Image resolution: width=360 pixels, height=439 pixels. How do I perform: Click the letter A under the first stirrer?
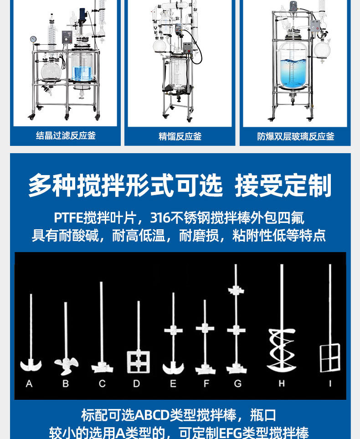29,383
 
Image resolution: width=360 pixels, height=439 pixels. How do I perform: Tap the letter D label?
137,383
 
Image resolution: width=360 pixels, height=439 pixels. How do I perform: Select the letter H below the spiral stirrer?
282,383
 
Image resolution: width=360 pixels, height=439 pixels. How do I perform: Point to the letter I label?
330,383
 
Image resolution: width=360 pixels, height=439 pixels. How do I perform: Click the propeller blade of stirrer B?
66,365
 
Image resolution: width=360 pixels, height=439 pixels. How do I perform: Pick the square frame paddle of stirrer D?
138,362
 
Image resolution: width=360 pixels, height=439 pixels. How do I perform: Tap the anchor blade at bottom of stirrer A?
31,365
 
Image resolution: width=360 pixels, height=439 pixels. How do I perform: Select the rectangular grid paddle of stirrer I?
330,358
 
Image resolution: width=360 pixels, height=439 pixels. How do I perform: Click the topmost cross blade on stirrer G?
236,290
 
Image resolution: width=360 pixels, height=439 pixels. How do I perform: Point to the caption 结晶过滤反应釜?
66,135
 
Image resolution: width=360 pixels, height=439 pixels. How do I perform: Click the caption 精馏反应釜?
180,136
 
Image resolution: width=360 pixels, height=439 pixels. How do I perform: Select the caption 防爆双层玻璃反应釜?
296,136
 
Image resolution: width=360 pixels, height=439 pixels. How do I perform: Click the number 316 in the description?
160,217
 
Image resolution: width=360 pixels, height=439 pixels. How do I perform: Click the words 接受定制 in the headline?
283,186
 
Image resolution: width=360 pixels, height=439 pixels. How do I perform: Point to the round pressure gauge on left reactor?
33,39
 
